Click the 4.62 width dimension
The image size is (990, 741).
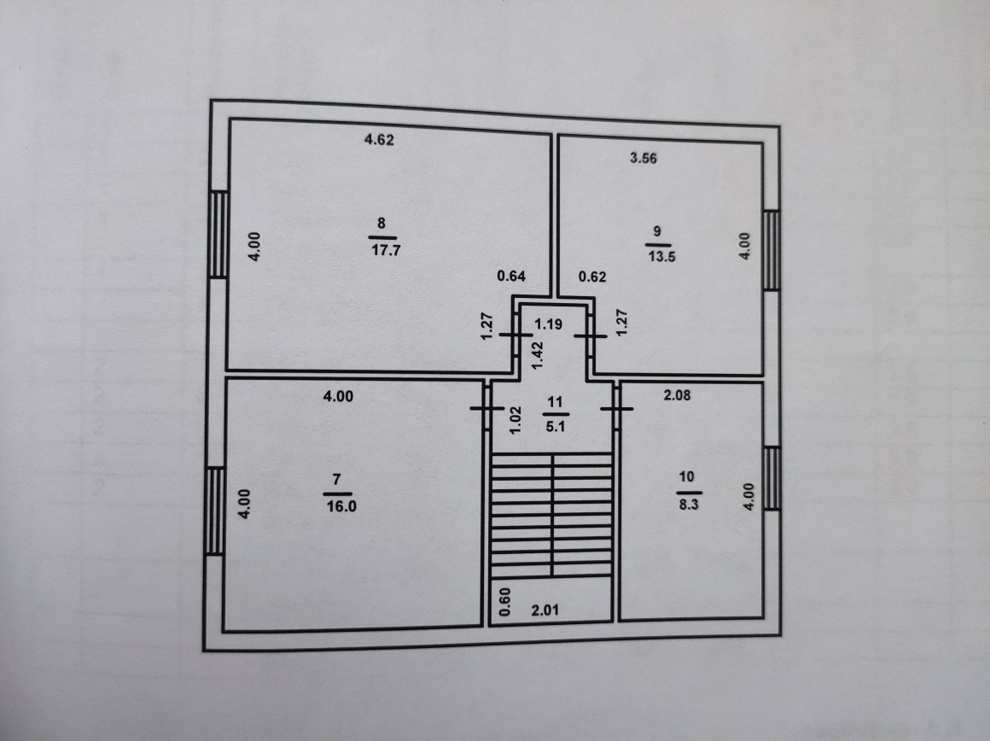coord(378,142)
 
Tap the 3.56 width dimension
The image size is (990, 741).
coord(643,158)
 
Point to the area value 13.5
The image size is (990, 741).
coord(661,260)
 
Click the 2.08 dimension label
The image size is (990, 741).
coord(679,394)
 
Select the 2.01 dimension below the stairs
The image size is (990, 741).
coord(545,610)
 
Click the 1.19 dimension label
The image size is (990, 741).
coord(549,324)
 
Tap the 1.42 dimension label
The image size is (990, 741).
coord(539,354)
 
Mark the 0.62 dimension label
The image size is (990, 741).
coord(591,276)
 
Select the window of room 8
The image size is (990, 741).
coord(219,234)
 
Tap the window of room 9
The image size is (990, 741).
coord(772,250)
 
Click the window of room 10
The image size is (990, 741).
coord(772,478)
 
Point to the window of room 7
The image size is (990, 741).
coord(214,511)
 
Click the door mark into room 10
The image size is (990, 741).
coord(616,408)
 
